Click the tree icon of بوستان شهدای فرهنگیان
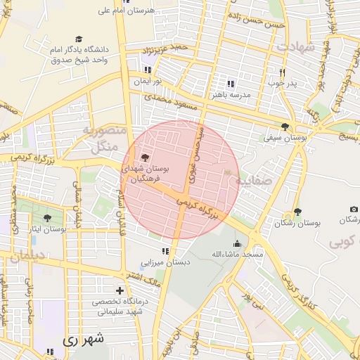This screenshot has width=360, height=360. tap(146, 157)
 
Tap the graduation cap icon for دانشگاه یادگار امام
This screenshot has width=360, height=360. tap(79, 39)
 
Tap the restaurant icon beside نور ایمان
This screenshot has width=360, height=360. tap(148, 70)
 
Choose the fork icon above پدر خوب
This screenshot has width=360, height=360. tap(282, 72)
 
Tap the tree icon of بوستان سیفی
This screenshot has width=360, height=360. tap(285, 127)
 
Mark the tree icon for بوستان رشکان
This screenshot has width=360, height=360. tap(297, 211)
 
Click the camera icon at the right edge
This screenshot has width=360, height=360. tap(354, 210)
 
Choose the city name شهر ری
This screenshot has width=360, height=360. tap(83, 339)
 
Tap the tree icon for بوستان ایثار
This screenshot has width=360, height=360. tap(47, 218)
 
